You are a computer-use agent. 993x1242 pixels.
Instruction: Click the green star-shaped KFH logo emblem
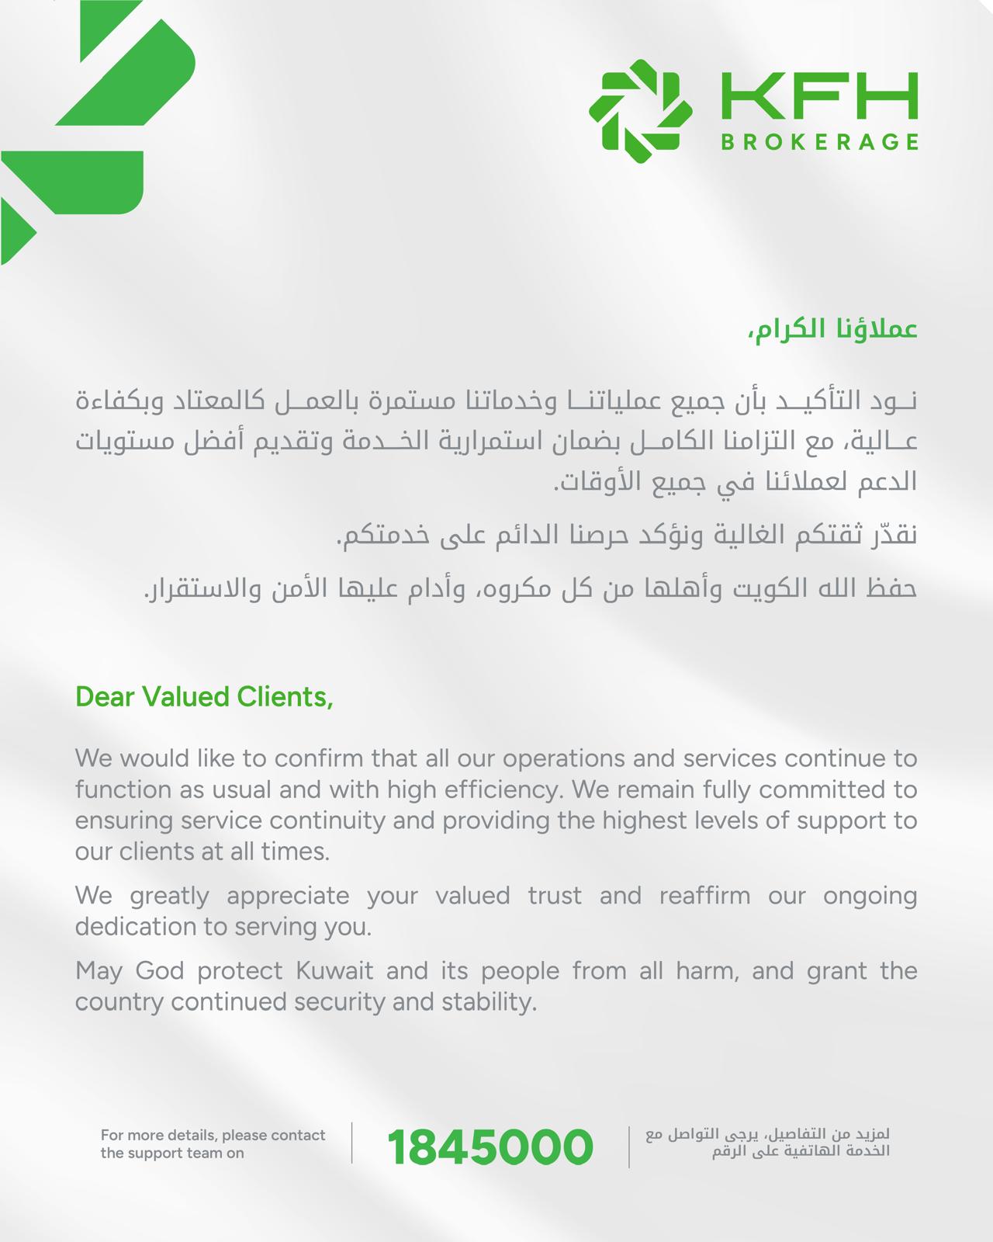point(640,111)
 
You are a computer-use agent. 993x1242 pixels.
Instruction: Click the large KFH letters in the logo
point(819,96)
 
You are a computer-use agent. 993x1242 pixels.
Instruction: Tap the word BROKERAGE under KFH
point(819,142)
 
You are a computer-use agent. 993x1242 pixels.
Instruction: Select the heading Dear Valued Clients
point(204,697)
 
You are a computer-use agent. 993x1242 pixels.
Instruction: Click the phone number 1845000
point(490,1147)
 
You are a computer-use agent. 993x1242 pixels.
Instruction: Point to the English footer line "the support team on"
point(172,1153)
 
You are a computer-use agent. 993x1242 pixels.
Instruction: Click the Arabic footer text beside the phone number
point(767,1143)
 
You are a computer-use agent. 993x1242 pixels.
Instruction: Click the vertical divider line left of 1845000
point(352,1143)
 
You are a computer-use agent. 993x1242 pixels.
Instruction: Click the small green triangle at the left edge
point(16,233)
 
